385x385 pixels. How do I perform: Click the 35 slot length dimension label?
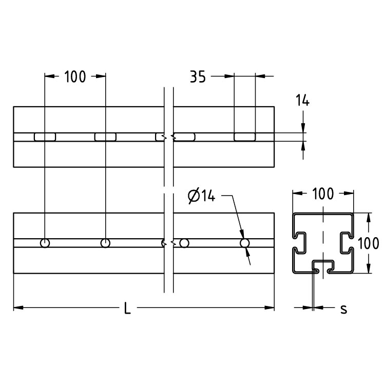(x=198, y=77)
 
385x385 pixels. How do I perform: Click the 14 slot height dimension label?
(x=303, y=101)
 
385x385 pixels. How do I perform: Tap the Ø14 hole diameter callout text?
(x=201, y=196)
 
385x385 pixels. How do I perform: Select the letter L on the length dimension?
(x=127, y=309)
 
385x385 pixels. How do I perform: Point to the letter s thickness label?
(x=343, y=309)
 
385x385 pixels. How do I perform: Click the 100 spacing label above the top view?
(x=75, y=77)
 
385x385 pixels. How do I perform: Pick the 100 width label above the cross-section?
(x=323, y=194)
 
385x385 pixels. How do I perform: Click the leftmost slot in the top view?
(x=45, y=137)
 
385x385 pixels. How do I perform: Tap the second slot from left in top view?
(x=105, y=137)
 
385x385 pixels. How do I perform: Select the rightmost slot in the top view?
(x=245, y=137)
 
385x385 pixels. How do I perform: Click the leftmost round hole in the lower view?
(x=45, y=243)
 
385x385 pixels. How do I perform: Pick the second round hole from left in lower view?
(x=105, y=243)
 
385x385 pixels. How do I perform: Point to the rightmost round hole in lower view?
(x=245, y=243)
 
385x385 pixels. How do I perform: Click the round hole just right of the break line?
(x=185, y=243)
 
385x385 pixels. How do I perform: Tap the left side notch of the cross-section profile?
(x=300, y=242)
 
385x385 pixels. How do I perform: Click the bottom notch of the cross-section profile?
(x=323, y=265)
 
